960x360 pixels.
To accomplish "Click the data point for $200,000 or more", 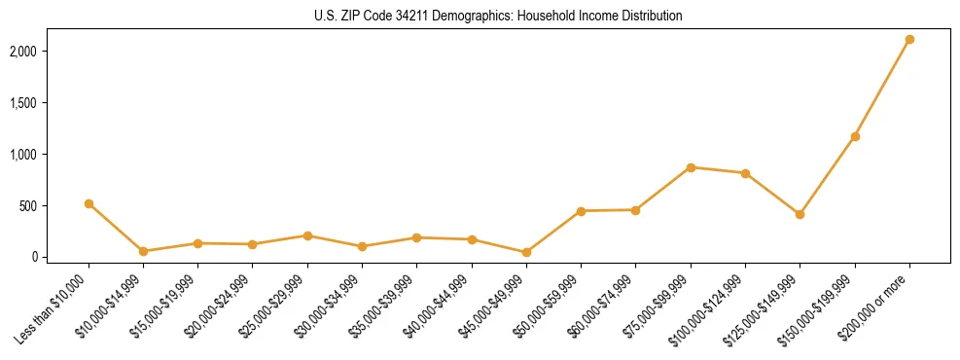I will coord(909,40).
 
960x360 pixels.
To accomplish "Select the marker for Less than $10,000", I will coord(89,203).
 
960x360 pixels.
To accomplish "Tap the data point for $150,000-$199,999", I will coord(855,136).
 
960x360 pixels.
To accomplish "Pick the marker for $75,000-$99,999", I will coord(691,167).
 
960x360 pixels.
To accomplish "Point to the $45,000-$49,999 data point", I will coord(526,252).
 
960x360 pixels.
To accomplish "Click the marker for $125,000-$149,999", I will coord(800,214).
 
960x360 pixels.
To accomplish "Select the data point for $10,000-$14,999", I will coord(143,251).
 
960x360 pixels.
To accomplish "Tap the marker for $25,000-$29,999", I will coord(307,235).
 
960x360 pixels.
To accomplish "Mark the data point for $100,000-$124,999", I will coord(745,173).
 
